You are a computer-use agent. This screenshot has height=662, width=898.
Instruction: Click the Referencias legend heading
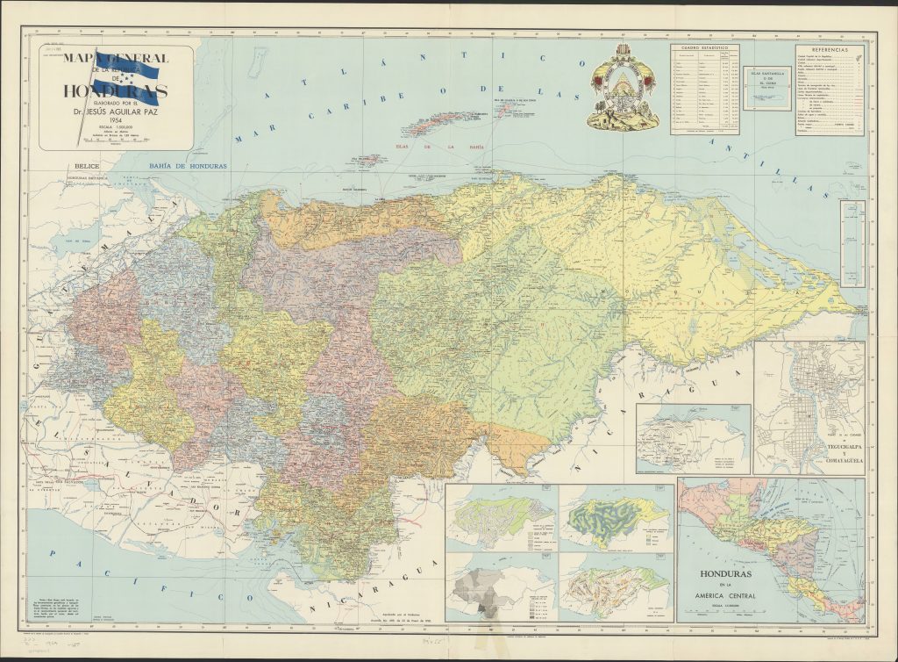coord(830,51)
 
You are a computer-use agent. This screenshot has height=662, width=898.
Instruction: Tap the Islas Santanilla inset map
coord(767,89)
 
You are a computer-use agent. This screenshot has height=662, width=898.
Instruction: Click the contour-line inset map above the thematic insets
coord(692,438)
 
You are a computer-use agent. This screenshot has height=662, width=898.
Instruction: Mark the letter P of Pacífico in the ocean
coord(54,555)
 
